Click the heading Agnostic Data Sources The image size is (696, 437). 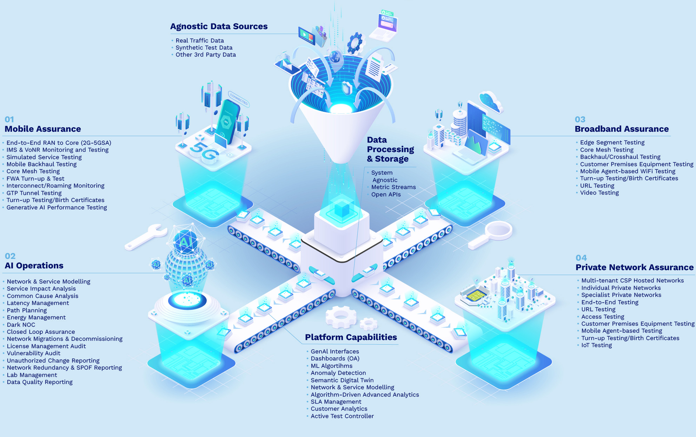point(219,26)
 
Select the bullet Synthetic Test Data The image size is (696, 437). point(204,48)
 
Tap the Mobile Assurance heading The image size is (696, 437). point(43,129)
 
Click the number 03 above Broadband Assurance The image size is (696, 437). point(580,119)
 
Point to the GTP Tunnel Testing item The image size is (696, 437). point(34,193)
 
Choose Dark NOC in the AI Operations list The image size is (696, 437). point(21,325)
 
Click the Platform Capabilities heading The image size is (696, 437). point(351,337)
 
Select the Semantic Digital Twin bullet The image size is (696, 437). point(342,380)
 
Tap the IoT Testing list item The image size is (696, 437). point(597,345)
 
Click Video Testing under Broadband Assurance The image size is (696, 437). point(599,193)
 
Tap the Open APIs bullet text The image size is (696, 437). point(386,195)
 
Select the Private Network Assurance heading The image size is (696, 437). point(635,267)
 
